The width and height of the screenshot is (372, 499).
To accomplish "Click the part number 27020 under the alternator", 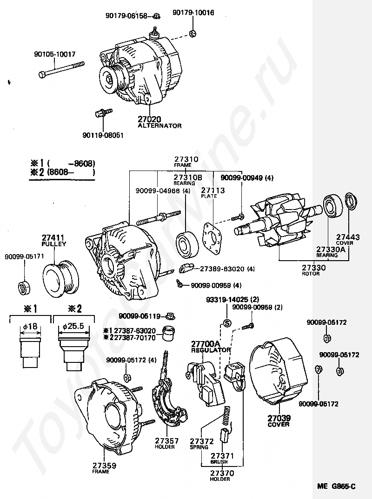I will click(x=150, y=119).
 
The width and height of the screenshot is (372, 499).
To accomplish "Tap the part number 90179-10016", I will click(x=193, y=13).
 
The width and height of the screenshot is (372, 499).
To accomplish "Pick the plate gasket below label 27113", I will click(x=213, y=239).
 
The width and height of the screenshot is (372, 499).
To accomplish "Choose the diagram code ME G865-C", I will click(x=337, y=486).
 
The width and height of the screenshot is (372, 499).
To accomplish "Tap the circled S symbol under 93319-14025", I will click(x=227, y=323).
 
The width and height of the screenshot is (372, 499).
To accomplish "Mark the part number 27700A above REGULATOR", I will click(x=205, y=344).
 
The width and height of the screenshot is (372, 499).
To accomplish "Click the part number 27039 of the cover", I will click(x=278, y=418).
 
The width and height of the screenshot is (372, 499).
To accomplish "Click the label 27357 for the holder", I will click(x=165, y=441).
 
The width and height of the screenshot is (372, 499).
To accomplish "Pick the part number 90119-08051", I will click(x=103, y=135).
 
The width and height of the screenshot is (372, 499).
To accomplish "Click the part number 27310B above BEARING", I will click(x=188, y=177).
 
